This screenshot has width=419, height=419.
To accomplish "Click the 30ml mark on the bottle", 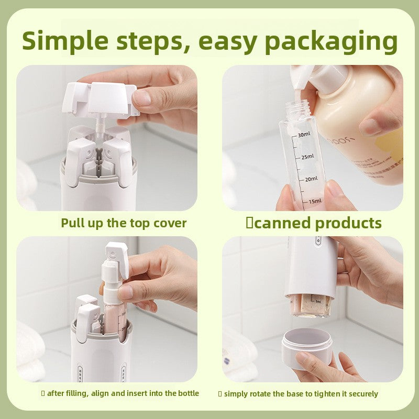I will pyautogui.click(x=304, y=135).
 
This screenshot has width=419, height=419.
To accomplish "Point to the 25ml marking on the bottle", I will pyautogui.click(x=306, y=157).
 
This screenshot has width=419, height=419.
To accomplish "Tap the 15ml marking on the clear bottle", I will pyautogui.click(x=314, y=201).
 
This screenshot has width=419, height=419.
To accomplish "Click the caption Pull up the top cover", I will pyautogui.click(x=124, y=223).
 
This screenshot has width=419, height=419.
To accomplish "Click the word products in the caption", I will pyautogui.click(x=348, y=224).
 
